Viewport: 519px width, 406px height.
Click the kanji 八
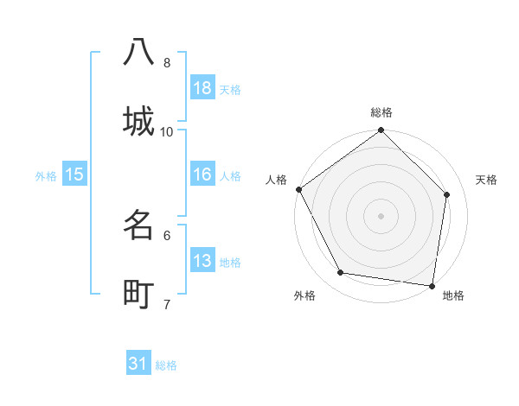(x=138, y=52)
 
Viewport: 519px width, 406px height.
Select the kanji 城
(x=138, y=120)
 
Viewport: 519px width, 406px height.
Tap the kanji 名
(x=138, y=225)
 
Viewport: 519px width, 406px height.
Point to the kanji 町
(x=138, y=294)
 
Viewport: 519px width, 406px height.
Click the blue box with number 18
(x=202, y=88)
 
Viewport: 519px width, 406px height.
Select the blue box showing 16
(x=202, y=174)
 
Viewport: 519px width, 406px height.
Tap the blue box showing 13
(x=202, y=261)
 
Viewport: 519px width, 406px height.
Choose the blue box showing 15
(x=74, y=174)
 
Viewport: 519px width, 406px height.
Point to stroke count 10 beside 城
(x=167, y=131)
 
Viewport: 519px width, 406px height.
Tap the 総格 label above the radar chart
(x=381, y=113)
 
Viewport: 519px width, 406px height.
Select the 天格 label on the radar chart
(x=487, y=180)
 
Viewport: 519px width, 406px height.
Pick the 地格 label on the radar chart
(x=453, y=295)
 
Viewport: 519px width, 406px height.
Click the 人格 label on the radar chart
(x=276, y=180)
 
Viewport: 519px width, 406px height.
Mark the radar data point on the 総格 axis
(x=381, y=130)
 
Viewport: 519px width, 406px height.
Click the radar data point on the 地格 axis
(x=432, y=285)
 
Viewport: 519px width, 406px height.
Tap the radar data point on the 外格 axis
(x=341, y=273)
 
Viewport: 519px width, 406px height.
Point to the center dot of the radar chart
(x=381, y=215)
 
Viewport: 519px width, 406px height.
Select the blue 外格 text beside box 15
(x=46, y=176)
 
